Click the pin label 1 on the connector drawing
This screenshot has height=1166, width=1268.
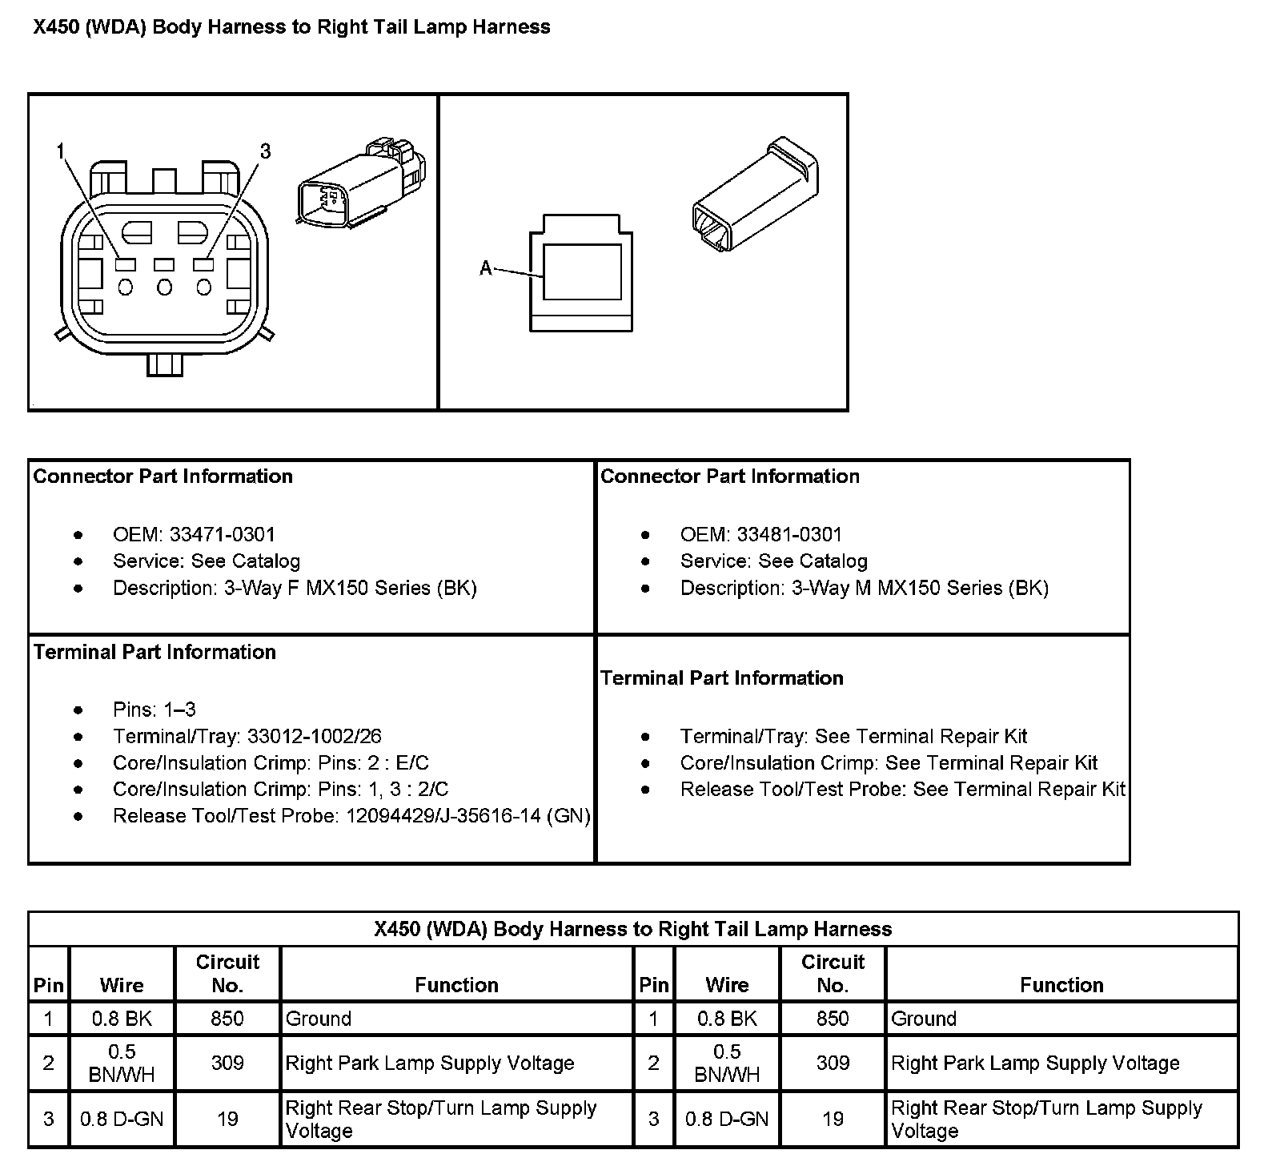click(x=61, y=151)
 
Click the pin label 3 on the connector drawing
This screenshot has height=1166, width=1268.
click(x=266, y=151)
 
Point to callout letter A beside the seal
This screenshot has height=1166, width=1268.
click(x=486, y=268)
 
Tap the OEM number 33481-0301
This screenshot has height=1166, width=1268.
click(x=789, y=534)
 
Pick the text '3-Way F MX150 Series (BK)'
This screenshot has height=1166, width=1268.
click(x=350, y=588)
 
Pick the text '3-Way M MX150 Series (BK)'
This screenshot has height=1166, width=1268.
click(x=920, y=588)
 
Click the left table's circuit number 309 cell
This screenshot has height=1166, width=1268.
click(x=227, y=1063)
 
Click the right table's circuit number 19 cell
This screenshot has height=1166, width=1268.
click(x=833, y=1119)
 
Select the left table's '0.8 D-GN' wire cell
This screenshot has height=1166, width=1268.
click(x=122, y=1119)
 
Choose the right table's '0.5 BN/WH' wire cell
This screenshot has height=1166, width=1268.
click(x=727, y=1063)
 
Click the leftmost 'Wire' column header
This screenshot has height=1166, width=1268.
click(x=122, y=985)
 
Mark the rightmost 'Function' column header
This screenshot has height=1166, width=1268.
click(x=1061, y=985)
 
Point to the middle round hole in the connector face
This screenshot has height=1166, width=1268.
click(x=165, y=287)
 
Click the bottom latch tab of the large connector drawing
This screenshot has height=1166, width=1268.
click(x=165, y=364)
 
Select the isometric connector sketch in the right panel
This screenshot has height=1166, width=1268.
click(x=754, y=195)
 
